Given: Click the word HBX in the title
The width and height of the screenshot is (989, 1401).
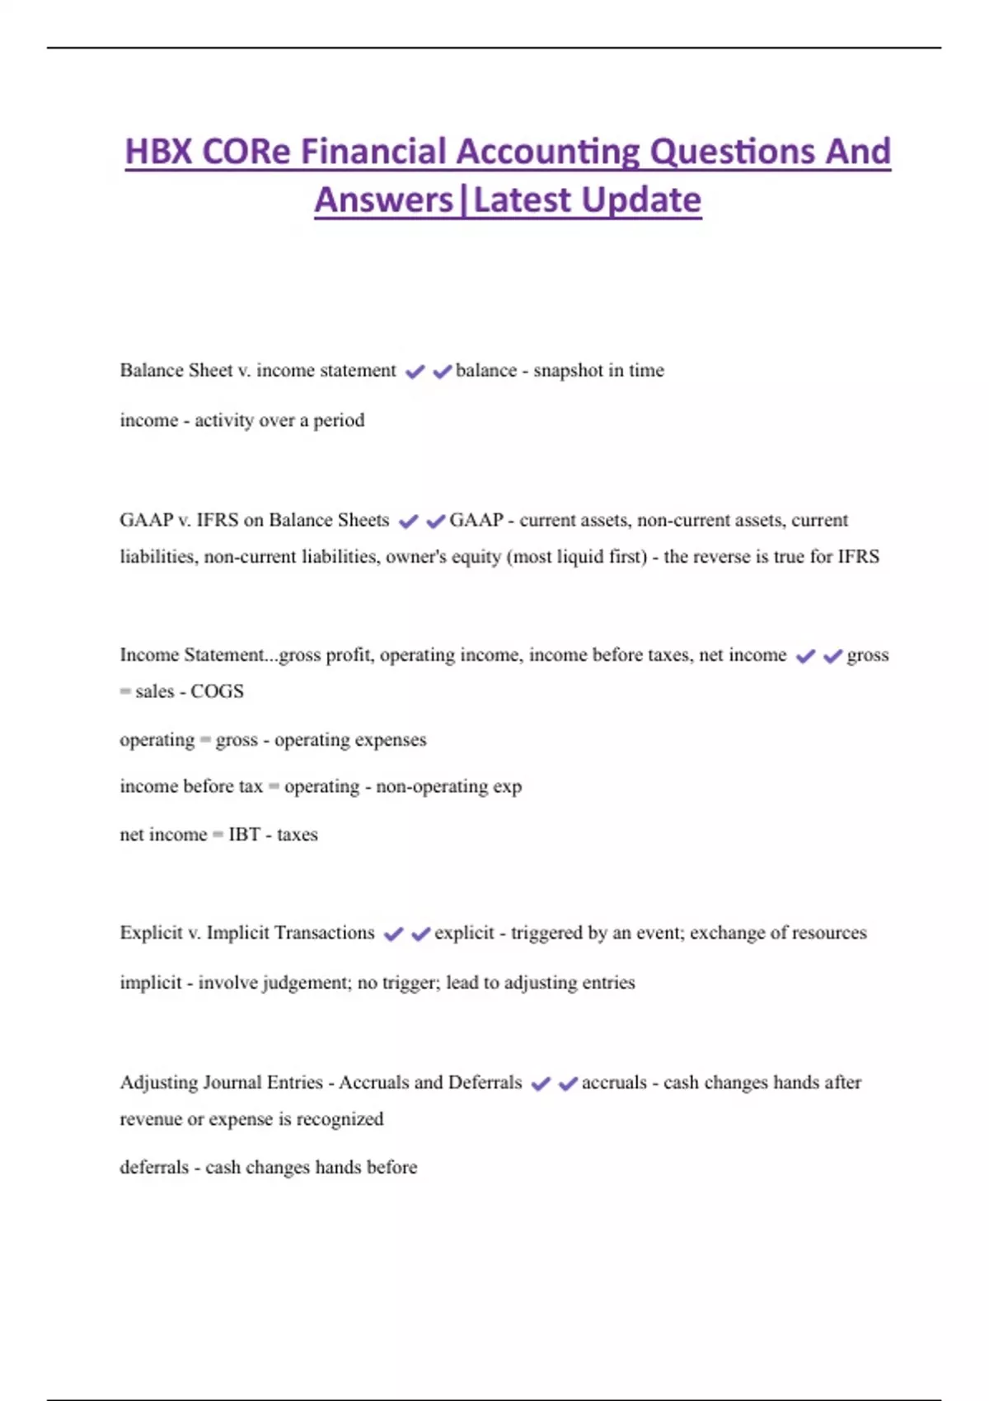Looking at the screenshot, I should [158, 152].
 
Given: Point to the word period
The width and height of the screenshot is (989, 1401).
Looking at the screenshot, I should [339, 420].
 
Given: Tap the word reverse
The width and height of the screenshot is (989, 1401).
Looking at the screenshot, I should [723, 557].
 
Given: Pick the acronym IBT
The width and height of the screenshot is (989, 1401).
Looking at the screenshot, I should [244, 835].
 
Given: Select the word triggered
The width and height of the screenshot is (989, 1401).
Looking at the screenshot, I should [546, 933].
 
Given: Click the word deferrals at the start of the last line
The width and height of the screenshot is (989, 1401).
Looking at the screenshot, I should [154, 1168].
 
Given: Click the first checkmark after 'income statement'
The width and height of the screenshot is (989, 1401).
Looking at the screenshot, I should [415, 372].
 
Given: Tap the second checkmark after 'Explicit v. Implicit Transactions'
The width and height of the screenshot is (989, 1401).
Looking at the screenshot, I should [420, 934].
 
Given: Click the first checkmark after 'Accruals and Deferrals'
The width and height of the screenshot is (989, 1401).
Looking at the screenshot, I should [541, 1084].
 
